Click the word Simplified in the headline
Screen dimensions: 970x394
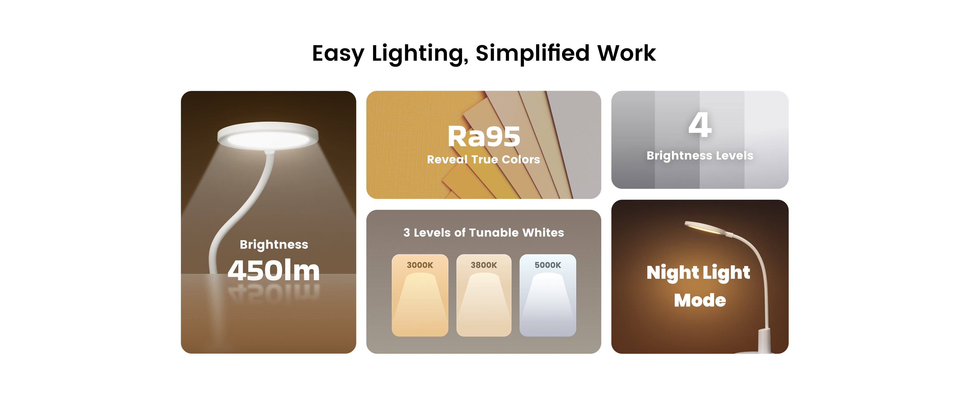(532, 54)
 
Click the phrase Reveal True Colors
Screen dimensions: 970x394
(483, 159)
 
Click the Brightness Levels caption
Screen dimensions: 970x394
(700, 156)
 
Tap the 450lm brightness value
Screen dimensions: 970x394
(274, 270)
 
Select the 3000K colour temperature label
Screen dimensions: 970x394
(420, 265)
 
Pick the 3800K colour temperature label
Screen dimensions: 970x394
(484, 265)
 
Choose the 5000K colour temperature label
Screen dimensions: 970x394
(548, 265)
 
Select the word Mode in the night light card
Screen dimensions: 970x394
(700, 300)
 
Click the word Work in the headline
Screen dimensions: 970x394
(626, 54)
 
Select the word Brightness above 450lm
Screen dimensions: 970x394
(274, 245)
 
